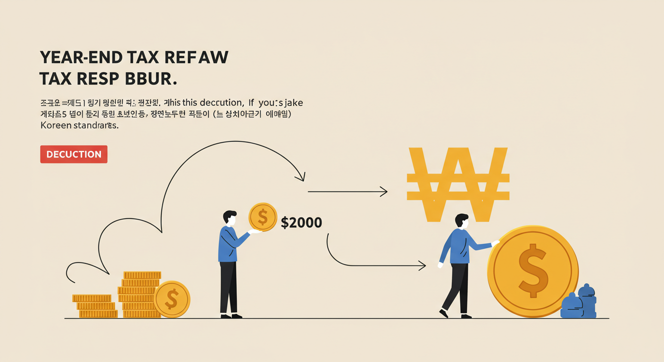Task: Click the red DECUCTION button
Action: (x=74, y=154)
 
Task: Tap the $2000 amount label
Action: (x=301, y=222)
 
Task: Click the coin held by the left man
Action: (x=263, y=217)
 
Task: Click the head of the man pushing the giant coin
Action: (x=462, y=222)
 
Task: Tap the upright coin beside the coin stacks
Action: (x=172, y=299)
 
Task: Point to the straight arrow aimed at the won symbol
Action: (x=348, y=192)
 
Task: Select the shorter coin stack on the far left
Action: (x=94, y=306)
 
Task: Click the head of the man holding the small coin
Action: (x=230, y=218)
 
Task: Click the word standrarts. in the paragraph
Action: (x=96, y=126)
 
